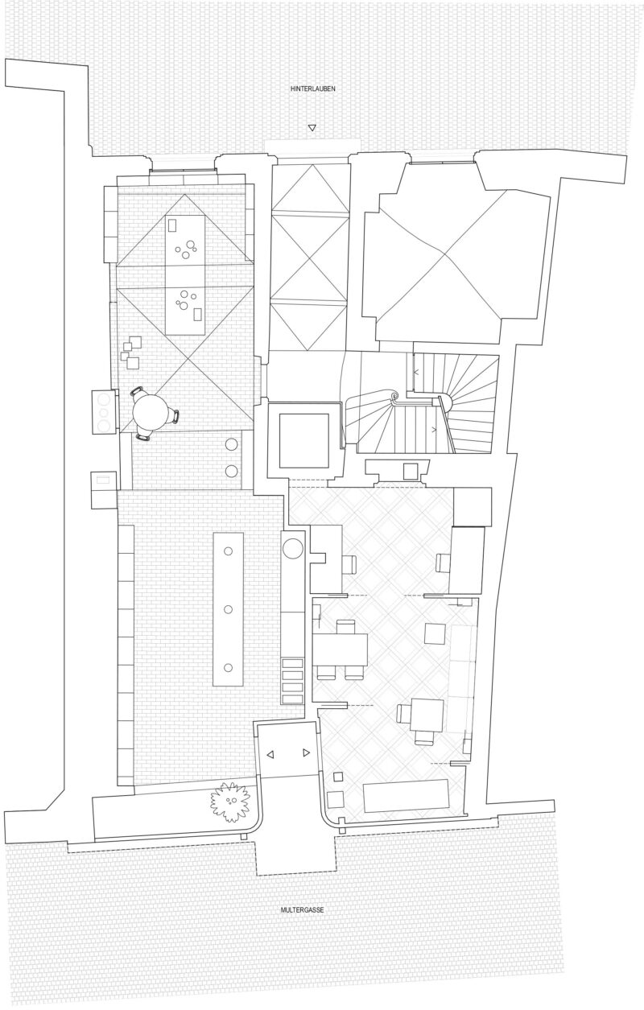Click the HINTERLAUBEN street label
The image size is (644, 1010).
[313, 89]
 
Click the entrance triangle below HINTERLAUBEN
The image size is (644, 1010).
[312, 128]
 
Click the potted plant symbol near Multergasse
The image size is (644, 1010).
[230, 800]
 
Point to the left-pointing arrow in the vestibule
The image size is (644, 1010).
[270, 754]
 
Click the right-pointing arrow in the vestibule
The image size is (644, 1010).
[306, 752]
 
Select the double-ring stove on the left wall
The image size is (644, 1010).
[105, 413]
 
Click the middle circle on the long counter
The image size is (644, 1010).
[228, 609]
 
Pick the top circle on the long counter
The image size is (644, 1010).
[228, 551]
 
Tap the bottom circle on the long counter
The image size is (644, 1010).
[228, 668]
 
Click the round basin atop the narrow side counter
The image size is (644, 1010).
[294, 549]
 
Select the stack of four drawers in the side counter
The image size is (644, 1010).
[292, 681]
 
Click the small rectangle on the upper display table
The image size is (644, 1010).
[171, 225]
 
